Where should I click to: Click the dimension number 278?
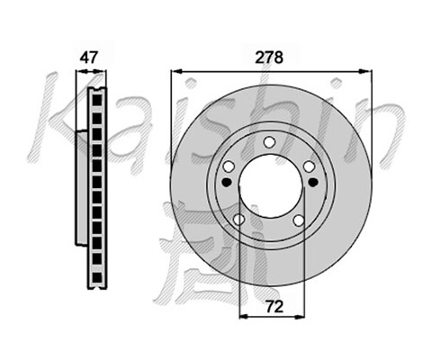pos(269,58)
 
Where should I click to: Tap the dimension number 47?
pos(89,58)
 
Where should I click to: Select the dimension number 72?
pos(274,307)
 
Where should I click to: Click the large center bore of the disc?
pos(270,186)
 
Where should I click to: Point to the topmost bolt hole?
pos(270,142)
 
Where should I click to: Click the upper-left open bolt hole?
pos(229,166)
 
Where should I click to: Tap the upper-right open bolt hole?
pos(309,166)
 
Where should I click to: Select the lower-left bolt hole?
pos(238,220)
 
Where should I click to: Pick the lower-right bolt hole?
pos(299,220)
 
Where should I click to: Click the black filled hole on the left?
pos(227,182)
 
